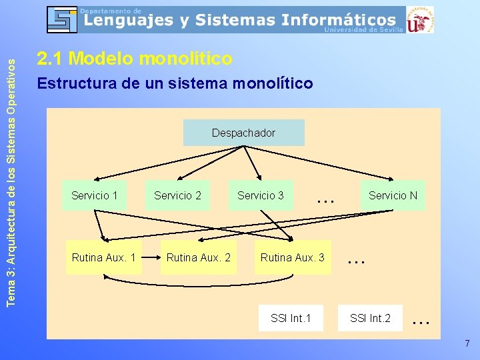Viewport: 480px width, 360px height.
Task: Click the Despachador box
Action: click(243, 133)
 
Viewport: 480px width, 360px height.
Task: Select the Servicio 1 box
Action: click(94, 195)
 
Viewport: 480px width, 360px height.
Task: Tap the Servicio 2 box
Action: click(177, 195)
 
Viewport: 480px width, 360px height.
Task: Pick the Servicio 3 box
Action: click(261, 195)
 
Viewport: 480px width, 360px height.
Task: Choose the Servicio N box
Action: click(393, 195)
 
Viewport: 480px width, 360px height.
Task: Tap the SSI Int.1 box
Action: click(291, 318)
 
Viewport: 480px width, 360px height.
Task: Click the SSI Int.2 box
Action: click(370, 318)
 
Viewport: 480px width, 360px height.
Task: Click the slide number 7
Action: click(467, 344)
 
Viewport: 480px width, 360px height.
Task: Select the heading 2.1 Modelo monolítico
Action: click(135, 59)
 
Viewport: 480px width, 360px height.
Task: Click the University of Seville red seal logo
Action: click(421, 19)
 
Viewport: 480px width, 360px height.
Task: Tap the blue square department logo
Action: click(62, 19)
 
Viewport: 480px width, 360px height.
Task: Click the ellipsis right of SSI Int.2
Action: click(420, 321)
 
